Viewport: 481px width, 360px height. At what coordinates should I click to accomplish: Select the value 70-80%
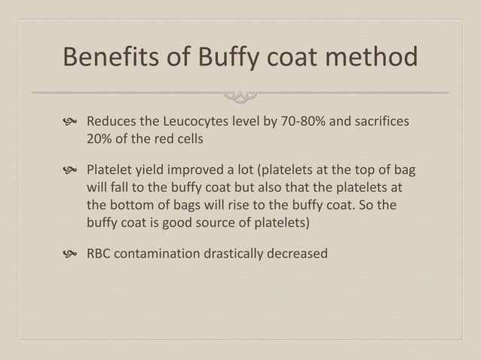pos(301,122)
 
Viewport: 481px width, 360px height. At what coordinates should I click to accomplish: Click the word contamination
pos(160,253)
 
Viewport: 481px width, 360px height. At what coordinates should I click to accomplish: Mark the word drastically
pos(237,253)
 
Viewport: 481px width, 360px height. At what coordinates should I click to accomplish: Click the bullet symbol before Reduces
pos(72,123)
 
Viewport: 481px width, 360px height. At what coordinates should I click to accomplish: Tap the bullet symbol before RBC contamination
pos(72,254)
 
